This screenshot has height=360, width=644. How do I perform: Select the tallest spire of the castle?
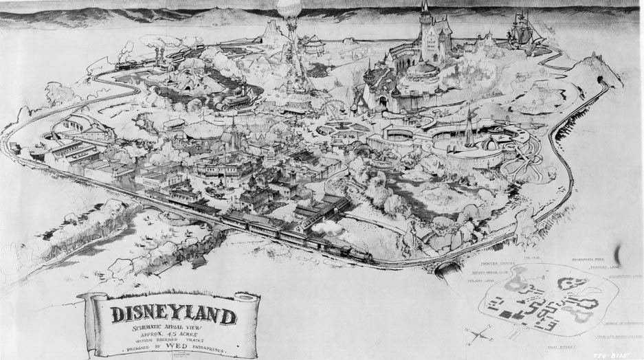(425, 8)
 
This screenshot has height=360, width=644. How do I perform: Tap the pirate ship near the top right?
(520, 30)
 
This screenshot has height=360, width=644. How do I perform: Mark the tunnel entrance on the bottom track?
(447, 269)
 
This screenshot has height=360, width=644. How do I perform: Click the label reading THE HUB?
(530, 256)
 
